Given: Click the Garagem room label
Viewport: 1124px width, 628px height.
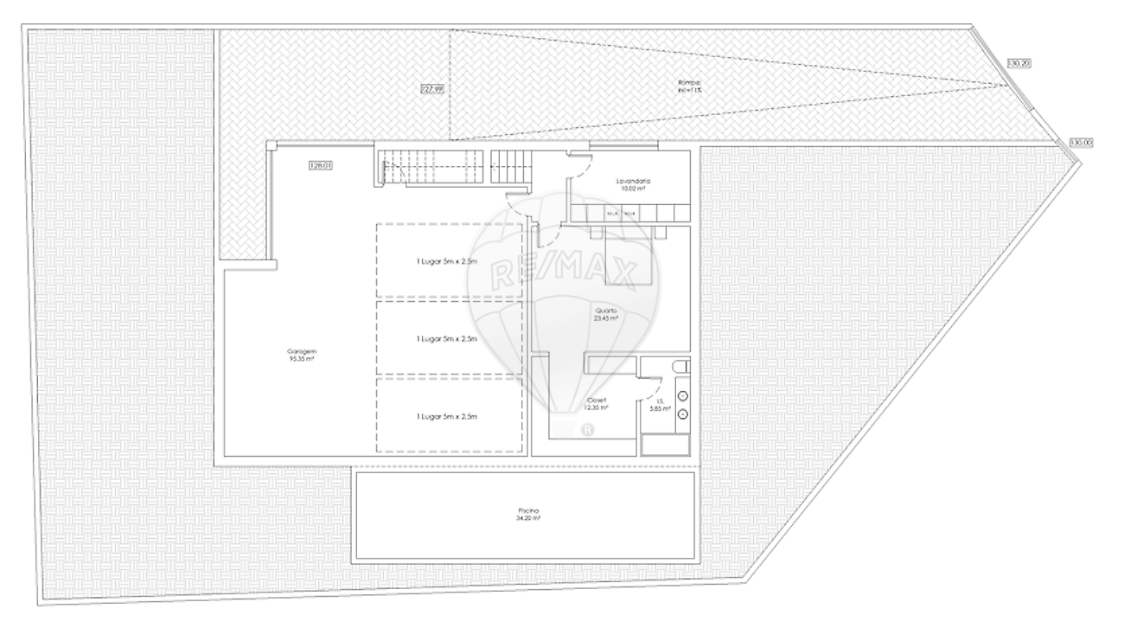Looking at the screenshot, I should (x=302, y=351).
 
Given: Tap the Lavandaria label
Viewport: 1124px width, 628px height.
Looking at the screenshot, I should (x=633, y=181).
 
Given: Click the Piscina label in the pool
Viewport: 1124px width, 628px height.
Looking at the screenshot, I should (x=525, y=511).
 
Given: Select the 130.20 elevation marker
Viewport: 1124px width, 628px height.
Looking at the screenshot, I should (x=1020, y=62).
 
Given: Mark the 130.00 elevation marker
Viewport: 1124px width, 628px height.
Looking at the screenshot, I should (x=1081, y=142).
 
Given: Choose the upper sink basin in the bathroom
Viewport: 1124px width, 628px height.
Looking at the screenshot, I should (x=681, y=396).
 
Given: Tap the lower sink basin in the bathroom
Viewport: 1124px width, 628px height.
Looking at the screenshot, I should (x=681, y=414).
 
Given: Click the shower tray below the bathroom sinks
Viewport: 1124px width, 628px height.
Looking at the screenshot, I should (x=665, y=444).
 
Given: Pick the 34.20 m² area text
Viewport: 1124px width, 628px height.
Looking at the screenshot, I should (x=525, y=518).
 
